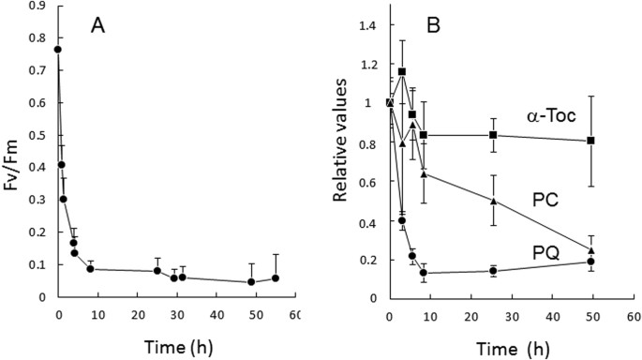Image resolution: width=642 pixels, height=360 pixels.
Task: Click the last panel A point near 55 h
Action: click(276, 278)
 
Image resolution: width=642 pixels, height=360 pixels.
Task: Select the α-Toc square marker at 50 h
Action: click(590, 141)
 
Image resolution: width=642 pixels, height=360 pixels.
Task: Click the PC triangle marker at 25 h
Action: click(493, 201)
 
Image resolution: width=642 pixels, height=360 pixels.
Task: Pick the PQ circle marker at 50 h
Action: click(590, 262)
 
